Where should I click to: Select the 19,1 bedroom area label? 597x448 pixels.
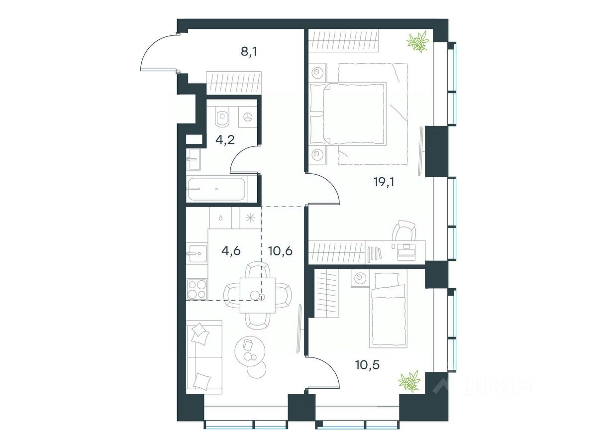384,182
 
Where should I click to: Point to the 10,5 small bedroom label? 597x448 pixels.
367,365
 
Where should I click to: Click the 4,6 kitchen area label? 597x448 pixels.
231,250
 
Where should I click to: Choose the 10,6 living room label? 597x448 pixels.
280,250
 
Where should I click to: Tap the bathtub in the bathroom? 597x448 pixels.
217,189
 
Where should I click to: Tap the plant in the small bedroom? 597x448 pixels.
409,382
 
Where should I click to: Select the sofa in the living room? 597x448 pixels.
203,356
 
